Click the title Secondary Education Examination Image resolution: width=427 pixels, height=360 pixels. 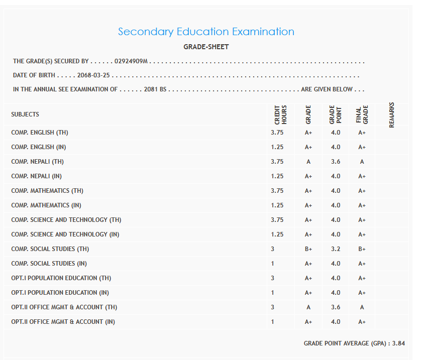pos(206,32)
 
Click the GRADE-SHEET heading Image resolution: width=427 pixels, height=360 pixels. pos(206,47)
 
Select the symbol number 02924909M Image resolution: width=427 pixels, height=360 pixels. pos(131,61)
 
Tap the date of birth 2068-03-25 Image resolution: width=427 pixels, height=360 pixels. pos(93,76)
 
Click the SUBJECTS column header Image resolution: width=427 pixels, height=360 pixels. pos(25,114)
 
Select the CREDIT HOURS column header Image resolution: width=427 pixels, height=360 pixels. pos(280,114)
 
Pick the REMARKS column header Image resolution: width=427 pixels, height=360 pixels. pos(392,114)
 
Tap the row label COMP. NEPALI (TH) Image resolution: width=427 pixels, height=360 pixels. pos(38,162)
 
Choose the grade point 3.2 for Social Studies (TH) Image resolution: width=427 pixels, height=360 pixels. pos(336,249)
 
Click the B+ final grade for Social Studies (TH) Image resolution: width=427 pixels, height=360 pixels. pos(362,249)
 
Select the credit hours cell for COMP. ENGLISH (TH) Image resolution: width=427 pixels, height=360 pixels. pos(277,133)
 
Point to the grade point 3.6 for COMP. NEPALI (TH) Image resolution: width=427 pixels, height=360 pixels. pos(336,162)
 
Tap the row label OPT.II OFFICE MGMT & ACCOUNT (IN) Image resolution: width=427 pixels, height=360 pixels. pos(63,322)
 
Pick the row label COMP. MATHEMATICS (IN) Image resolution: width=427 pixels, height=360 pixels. pos(46,205)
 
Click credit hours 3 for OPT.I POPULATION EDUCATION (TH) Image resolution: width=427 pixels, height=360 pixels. pos(273,278)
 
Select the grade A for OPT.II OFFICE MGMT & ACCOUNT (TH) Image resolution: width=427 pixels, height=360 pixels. pos(308,307)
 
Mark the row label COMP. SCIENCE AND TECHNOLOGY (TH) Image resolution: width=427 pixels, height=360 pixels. pos(66,220)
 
